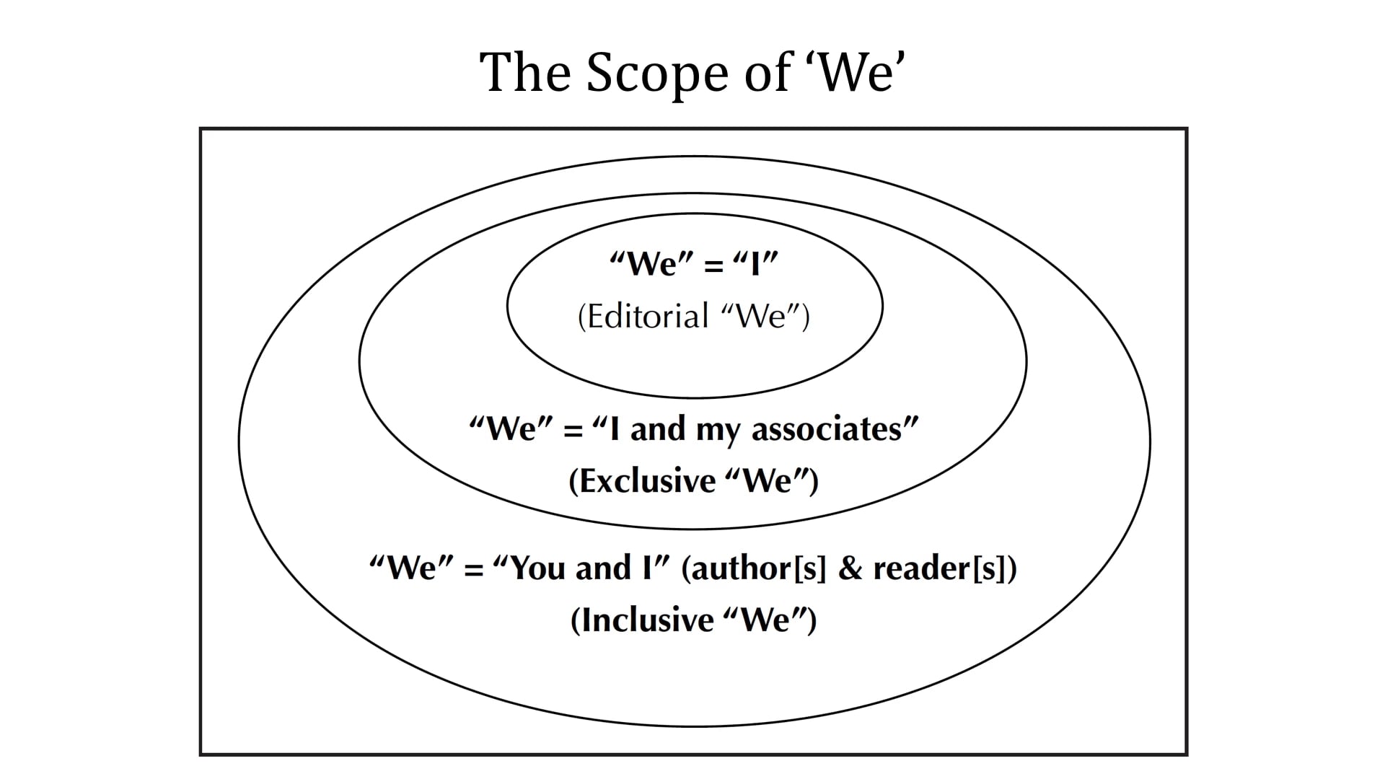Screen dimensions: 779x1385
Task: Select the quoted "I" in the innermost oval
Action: [x=755, y=265]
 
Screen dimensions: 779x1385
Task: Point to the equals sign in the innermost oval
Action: [x=713, y=266]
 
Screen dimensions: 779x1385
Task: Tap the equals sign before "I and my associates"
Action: [x=573, y=431]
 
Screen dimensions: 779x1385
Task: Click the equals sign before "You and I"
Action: [x=473, y=570]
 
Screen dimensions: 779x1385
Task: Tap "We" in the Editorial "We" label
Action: [x=761, y=317]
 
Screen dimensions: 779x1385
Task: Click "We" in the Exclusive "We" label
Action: [x=768, y=481]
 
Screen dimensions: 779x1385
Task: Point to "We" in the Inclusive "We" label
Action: [x=765, y=620]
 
